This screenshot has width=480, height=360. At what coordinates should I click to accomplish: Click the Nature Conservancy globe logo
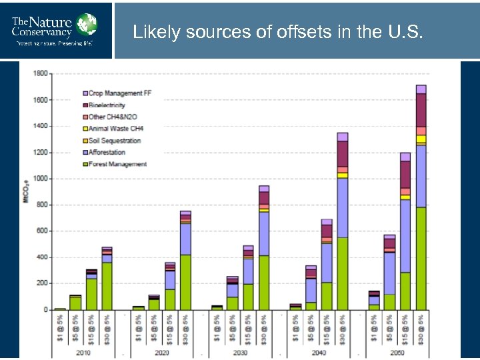(86, 24)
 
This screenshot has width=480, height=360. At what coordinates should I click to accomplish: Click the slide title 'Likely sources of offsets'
(277, 31)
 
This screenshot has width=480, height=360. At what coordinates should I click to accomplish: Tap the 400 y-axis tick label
(42, 257)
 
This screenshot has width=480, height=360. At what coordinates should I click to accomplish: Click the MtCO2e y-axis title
(25, 190)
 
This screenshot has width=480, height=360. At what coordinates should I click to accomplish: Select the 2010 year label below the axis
(83, 352)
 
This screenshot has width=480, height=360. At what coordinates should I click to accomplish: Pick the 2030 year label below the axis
(241, 352)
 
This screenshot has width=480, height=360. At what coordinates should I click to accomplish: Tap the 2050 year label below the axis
(397, 352)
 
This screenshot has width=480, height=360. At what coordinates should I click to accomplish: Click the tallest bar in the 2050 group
(421, 200)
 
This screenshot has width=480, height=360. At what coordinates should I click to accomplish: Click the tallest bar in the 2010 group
(107, 280)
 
